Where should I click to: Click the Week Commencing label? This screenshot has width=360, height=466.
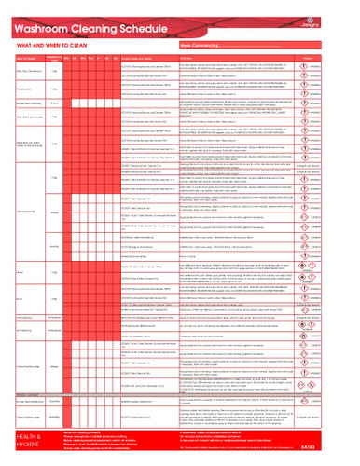pyautogui.click(x=201, y=43)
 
